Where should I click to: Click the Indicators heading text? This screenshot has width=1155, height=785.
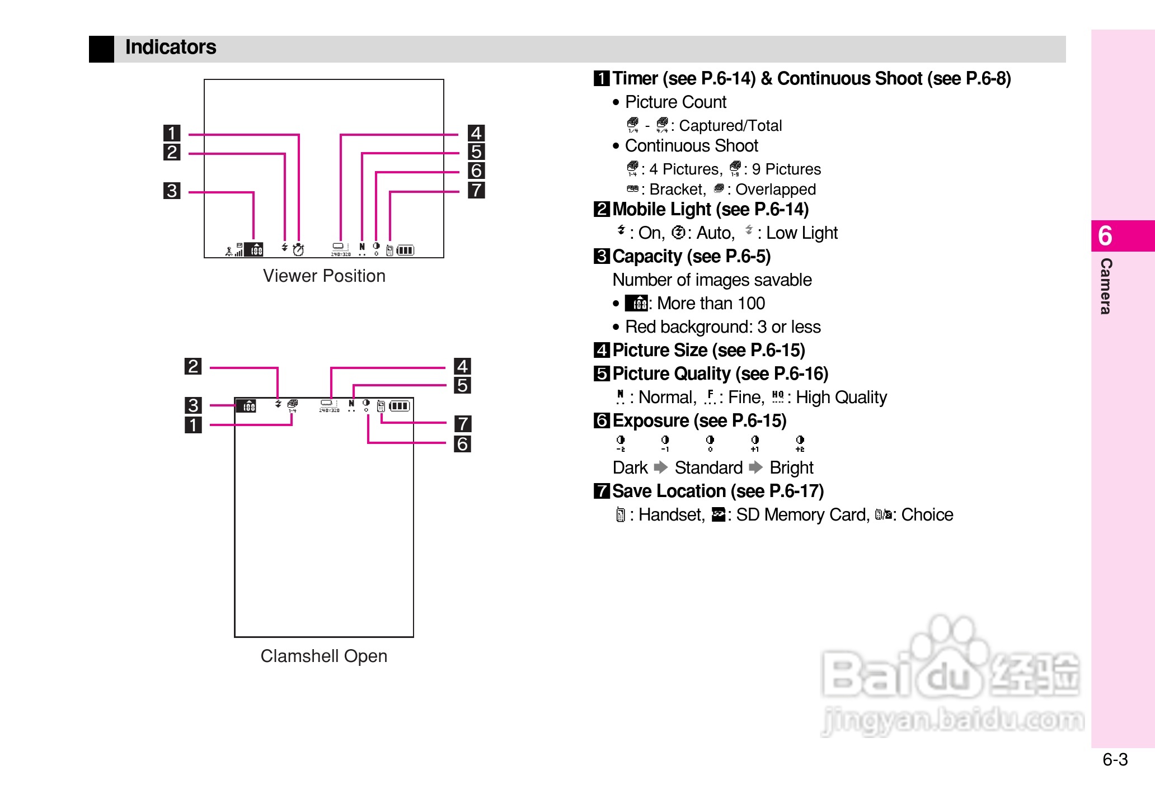(170, 48)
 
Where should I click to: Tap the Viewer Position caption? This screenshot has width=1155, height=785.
(324, 276)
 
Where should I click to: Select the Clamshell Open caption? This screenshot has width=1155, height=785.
(323, 656)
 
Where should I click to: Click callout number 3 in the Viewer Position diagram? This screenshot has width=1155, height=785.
(172, 191)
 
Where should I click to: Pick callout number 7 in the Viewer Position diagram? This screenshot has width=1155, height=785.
(476, 190)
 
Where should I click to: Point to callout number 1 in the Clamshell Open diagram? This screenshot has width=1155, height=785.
(193, 425)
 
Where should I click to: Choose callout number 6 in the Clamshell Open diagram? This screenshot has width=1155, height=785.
(462, 444)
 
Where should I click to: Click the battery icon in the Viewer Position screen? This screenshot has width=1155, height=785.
(406, 250)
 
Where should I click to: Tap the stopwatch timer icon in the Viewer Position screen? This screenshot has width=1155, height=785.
(298, 249)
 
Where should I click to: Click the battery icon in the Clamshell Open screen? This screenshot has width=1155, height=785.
(400, 406)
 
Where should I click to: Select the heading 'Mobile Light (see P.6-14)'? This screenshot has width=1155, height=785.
(710, 209)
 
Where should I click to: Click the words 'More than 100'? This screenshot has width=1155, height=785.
(711, 303)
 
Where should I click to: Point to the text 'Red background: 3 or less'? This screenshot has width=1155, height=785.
(722, 327)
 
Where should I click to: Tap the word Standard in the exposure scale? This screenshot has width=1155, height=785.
(708, 467)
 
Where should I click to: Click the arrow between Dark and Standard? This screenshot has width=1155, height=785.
(661, 467)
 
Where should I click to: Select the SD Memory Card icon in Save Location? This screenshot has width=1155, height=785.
(718, 514)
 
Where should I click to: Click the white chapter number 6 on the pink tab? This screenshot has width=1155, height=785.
(1105, 236)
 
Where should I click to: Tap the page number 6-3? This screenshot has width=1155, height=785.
(1115, 759)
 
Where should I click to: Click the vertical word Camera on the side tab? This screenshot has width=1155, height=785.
(1106, 286)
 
